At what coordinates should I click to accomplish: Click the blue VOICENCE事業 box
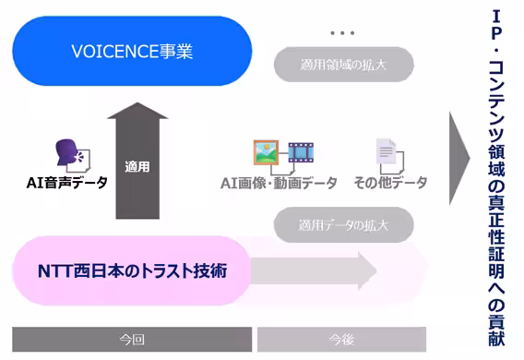coord(132,51)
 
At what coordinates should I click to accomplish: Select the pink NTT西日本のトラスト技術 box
coord(133,271)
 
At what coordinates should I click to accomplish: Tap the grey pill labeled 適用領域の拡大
coord(344,66)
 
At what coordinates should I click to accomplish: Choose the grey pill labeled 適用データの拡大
coord(344,224)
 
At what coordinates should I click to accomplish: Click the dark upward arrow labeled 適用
coord(137,162)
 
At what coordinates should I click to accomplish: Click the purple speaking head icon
coord(68,153)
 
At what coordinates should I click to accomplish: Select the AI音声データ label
coord(66,182)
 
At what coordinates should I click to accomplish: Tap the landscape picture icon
coord(267,152)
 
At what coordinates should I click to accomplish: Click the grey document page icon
coord(386,153)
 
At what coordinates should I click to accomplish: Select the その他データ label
coord(391,183)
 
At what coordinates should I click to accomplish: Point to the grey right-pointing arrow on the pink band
coord(314,271)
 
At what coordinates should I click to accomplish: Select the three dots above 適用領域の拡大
coord(342,34)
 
